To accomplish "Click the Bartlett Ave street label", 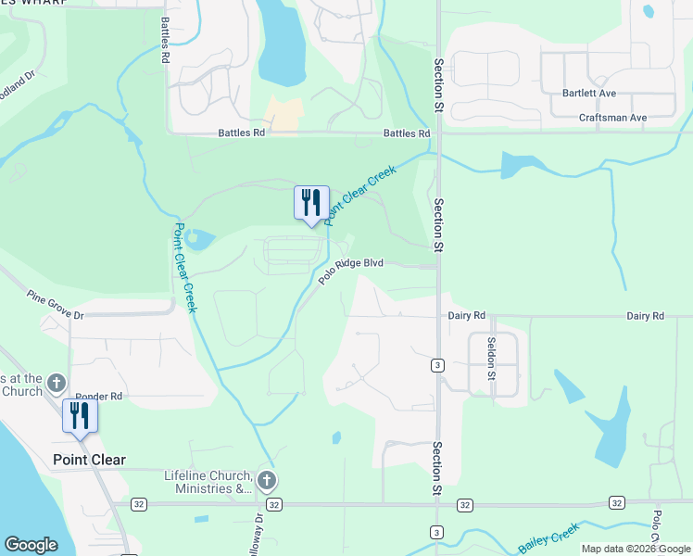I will (589, 94).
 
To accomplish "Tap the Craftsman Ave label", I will (612, 119).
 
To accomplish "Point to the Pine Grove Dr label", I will (56, 308).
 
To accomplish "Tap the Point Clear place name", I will (89, 460).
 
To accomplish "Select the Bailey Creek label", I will (548, 538).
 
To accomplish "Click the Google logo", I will (31, 545).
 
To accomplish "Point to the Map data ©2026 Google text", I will (636, 549).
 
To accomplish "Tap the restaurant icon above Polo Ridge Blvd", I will (311, 203).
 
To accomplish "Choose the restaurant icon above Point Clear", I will (80, 415).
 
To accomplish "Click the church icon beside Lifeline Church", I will (267, 480).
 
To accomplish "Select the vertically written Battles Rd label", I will (165, 40).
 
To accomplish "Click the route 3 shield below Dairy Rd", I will (435, 365).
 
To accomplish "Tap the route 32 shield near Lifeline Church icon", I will (273, 504).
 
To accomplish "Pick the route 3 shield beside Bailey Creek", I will (435, 531).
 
